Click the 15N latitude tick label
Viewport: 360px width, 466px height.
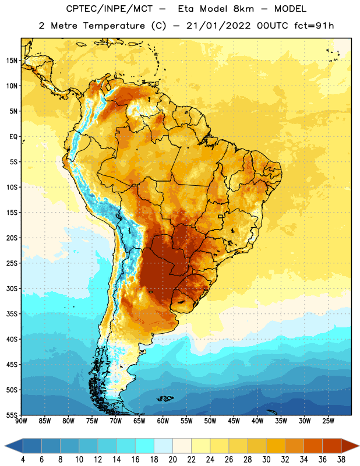point(12,61)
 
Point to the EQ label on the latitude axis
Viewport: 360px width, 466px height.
point(13,137)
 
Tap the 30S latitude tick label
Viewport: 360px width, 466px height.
point(12,288)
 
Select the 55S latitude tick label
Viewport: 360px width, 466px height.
point(12,415)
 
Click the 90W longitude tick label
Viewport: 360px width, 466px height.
point(22,421)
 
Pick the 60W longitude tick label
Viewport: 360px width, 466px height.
point(163,421)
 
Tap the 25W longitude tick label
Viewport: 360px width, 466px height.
point(328,421)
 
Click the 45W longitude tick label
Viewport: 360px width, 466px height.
point(234,421)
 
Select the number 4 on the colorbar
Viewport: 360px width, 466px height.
point(23,460)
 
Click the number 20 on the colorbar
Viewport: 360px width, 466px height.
point(172,460)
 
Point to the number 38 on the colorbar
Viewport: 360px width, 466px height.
point(341,460)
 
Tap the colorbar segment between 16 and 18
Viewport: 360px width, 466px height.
point(144,446)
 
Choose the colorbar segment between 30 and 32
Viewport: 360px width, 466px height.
point(276,446)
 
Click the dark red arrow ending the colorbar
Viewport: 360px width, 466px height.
point(350,446)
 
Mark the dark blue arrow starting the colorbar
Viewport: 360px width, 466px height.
point(14,446)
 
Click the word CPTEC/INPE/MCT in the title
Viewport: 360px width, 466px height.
point(110,9)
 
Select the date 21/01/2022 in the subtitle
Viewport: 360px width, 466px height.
point(218,26)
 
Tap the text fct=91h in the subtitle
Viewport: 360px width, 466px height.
point(314,26)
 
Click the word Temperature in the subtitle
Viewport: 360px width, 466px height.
point(114,26)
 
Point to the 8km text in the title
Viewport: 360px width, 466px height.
point(243,9)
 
